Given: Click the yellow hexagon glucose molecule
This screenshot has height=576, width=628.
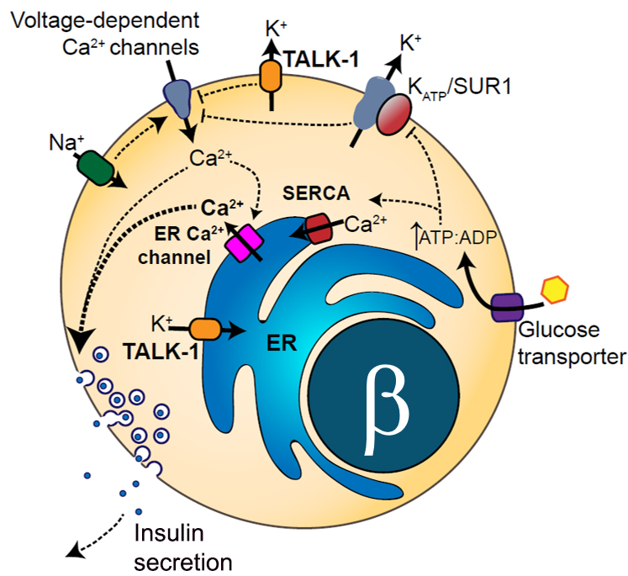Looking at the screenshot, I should (554, 290).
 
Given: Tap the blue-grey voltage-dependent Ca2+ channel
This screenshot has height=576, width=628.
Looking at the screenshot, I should (177, 98).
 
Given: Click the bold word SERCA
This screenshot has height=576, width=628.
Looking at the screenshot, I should (315, 193).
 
